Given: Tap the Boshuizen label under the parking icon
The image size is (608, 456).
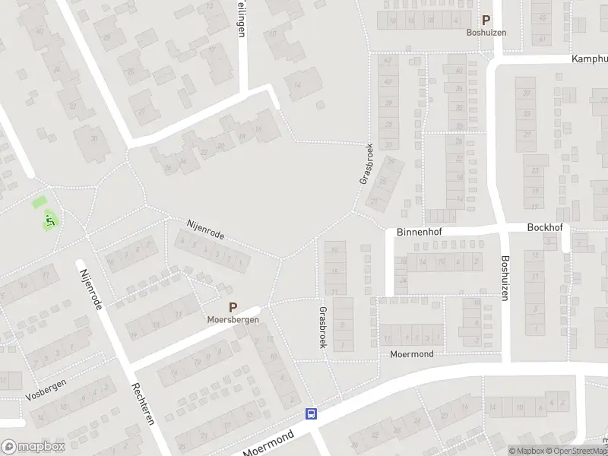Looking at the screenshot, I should click(x=486, y=33).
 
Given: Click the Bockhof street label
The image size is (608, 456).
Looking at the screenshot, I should click(x=543, y=227).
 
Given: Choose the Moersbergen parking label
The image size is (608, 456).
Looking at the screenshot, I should click(x=233, y=320).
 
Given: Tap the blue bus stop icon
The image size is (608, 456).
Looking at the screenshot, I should click(x=311, y=414).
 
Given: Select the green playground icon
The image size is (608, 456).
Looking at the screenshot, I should click(x=50, y=220).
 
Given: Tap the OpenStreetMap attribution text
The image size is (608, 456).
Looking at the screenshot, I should click(x=578, y=451).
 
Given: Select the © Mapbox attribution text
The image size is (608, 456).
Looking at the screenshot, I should click(x=527, y=451).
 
